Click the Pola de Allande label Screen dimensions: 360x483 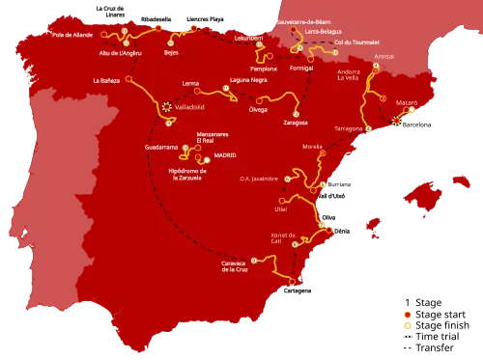click(x=71, y=34)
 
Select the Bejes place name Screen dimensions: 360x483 click(x=172, y=53)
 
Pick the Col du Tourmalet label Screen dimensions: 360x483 click(x=352, y=42)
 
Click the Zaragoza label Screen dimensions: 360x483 click(x=296, y=123)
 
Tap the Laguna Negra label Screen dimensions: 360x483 click(x=247, y=80)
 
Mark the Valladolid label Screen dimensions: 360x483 click(x=190, y=108)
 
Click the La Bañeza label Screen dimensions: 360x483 click(x=106, y=81)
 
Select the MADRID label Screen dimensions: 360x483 click(x=225, y=154)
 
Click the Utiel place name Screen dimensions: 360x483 click(x=281, y=208)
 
